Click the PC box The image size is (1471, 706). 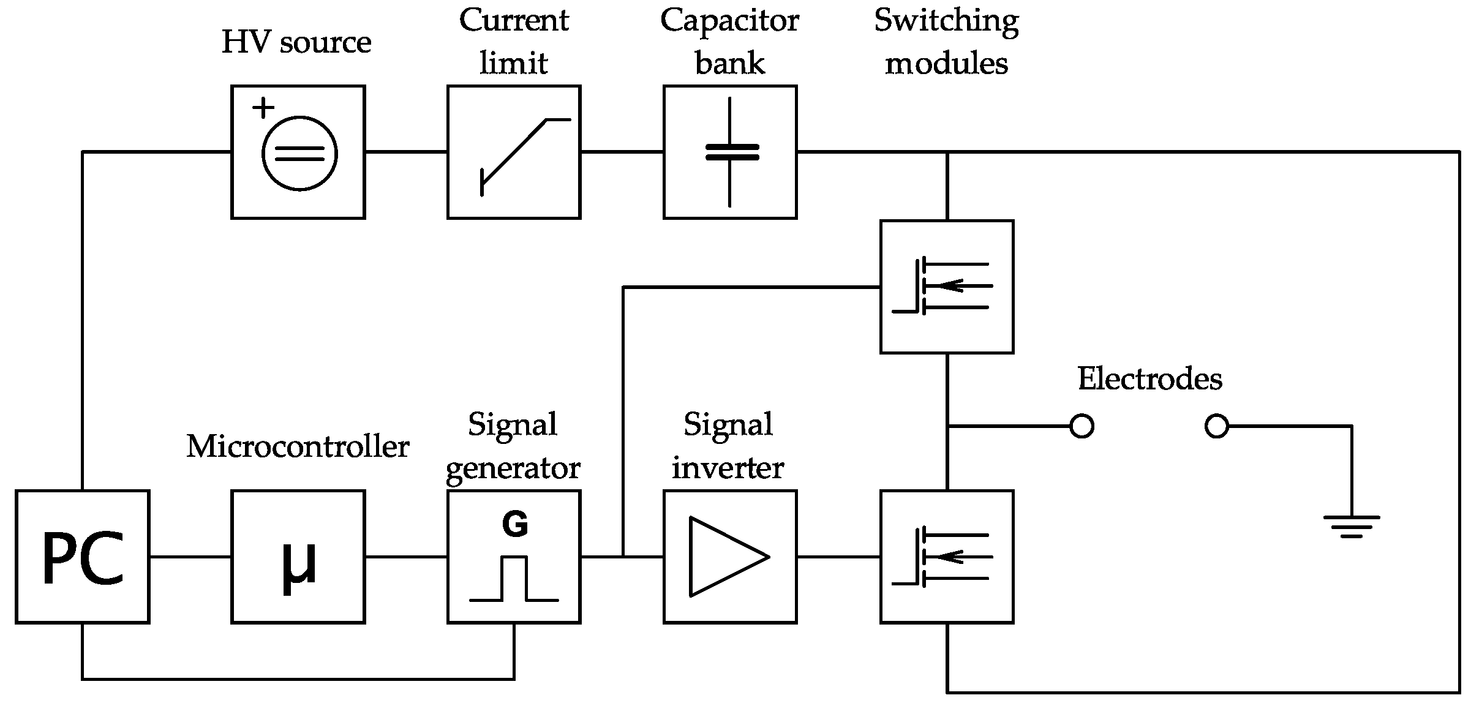point(82,557)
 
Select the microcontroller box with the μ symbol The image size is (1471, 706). point(298,557)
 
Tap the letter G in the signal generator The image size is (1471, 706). point(514,525)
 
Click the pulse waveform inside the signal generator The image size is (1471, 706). point(514,579)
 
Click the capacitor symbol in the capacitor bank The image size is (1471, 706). point(730,152)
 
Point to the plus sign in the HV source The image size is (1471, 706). point(263,108)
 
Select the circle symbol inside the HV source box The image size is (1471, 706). point(299,154)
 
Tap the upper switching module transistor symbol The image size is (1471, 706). point(943,286)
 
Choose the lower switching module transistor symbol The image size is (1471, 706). point(943,557)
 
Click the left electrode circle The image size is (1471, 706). point(1082,426)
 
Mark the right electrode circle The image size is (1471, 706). point(1216,426)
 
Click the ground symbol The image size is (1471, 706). point(1351,526)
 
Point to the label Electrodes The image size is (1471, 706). point(1149,379)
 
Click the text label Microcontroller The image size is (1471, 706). point(298,446)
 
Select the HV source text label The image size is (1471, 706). point(296,42)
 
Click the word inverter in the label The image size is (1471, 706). point(728,468)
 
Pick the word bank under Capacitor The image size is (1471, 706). point(729,64)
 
